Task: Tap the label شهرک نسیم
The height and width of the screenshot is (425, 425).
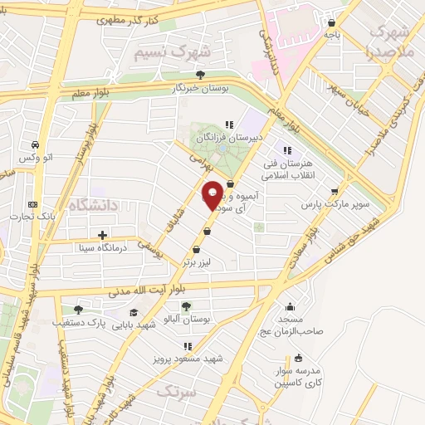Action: pyautogui.click(x=173, y=51)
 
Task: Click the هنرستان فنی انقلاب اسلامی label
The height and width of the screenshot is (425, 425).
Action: pyautogui.click(x=286, y=169)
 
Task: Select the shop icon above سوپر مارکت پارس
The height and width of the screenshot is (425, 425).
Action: pyautogui.click(x=335, y=191)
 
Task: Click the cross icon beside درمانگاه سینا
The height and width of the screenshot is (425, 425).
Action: pyautogui.click(x=102, y=235)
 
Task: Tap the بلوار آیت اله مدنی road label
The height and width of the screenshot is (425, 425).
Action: pyautogui.click(x=144, y=291)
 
